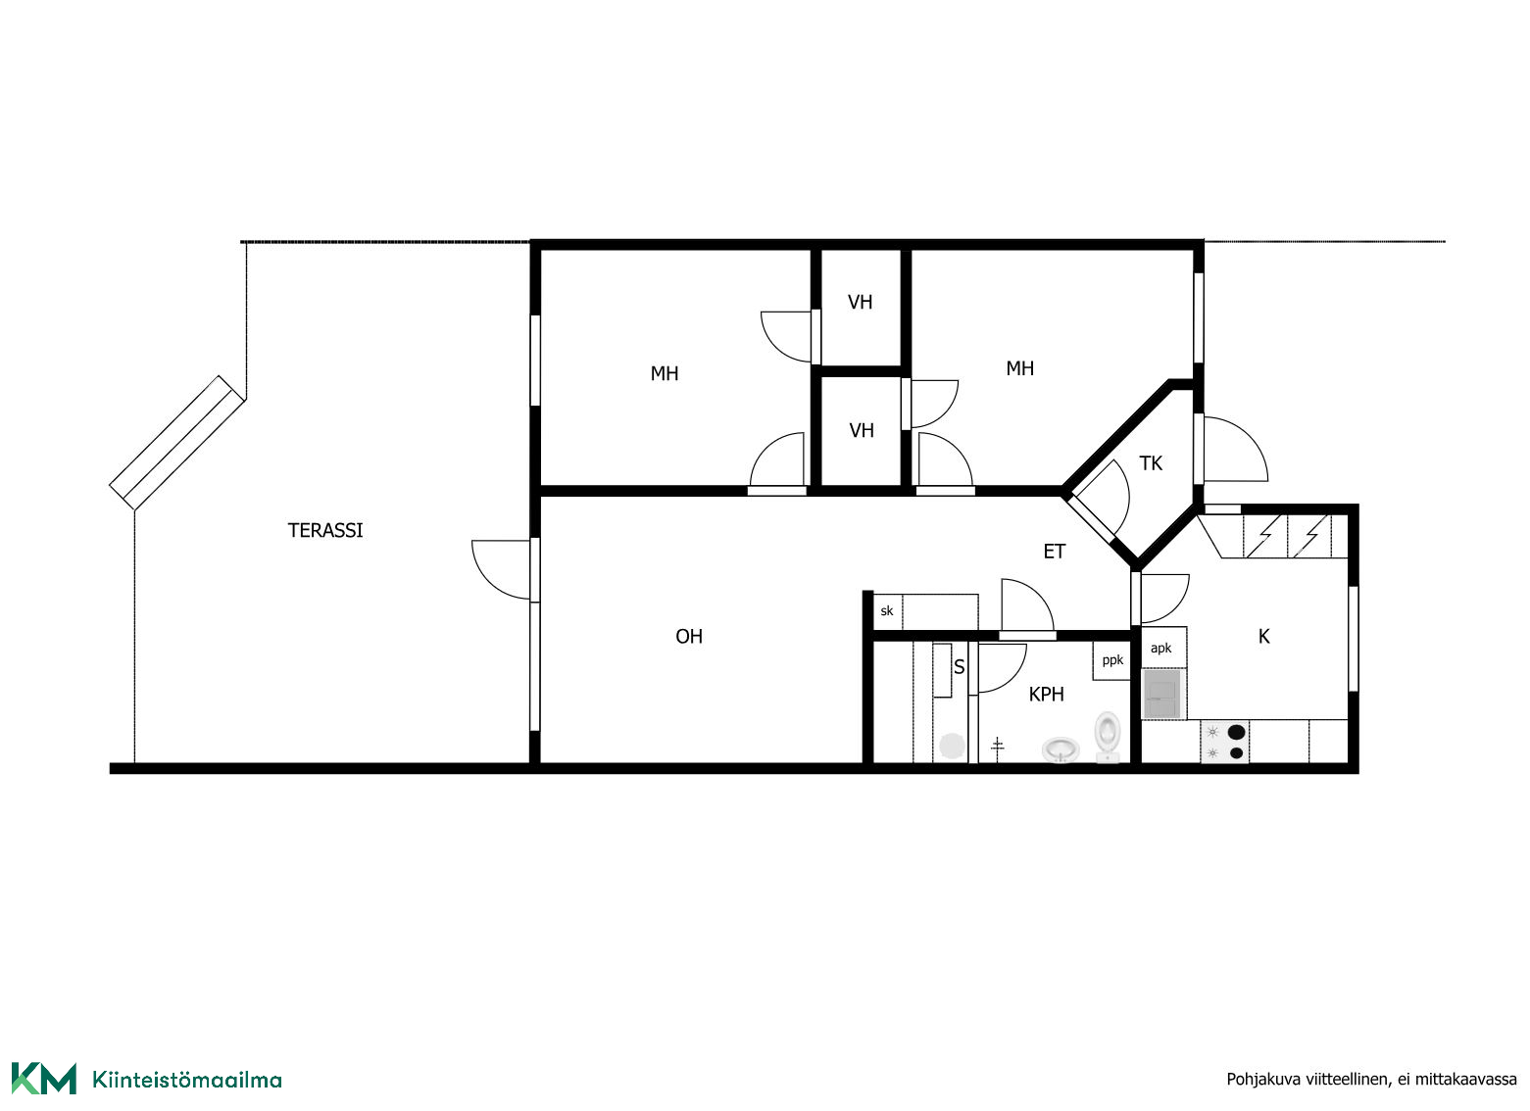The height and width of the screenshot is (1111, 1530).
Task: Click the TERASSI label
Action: pyautogui.click(x=325, y=531)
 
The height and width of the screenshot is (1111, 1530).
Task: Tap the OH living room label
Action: pyautogui.click(x=688, y=637)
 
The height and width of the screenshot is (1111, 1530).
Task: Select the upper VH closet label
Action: pyautogui.click(x=860, y=302)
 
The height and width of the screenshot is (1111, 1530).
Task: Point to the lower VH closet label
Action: pyautogui.click(x=862, y=430)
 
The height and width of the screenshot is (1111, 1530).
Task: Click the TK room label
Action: pyautogui.click(x=1151, y=463)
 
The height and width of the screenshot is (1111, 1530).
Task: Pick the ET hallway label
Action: pyautogui.click(x=1054, y=552)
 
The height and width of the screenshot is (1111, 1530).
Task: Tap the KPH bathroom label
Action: pyautogui.click(x=1047, y=695)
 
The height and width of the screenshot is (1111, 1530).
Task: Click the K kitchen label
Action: pyautogui.click(x=1263, y=637)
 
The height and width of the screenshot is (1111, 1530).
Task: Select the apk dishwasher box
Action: pyautogui.click(x=1163, y=648)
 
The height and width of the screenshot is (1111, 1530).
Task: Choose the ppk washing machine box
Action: pyautogui.click(x=1112, y=660)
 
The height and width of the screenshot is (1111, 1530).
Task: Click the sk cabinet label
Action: pyautogui.click(x=887, y=610)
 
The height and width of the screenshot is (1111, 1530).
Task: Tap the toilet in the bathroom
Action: pyautogui.click(x=1108, y=737)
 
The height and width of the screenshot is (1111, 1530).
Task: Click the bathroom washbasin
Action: pyautogui.click(x=1061, y=749)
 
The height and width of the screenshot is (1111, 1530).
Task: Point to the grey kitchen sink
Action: pyautogui.click(x=1161, y=694)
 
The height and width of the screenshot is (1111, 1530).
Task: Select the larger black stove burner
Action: pyautogui.click(x=1236, y=733)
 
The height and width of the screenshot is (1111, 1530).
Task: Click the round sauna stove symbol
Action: pyautogui.click(x=952, y=746)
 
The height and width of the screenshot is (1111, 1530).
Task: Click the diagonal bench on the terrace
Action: pyautogui.click(x=176, y=443)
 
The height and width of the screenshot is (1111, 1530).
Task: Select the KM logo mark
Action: pyautogui.click(x=44, y=1079)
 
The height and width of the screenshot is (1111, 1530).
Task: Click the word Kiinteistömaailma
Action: pyautogui.click(x=187, y=1080)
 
